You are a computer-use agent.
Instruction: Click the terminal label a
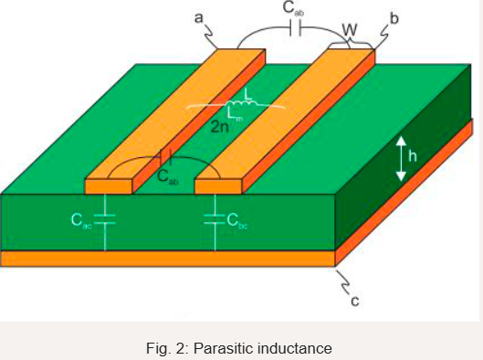(x=199, y=16)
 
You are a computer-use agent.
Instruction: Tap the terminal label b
(x=394, y=17)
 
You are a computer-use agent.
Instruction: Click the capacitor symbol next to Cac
(x=105, y=217)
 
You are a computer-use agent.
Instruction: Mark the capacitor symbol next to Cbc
(x=215, y=217)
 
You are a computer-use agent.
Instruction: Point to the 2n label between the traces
(x=219, y=127)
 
